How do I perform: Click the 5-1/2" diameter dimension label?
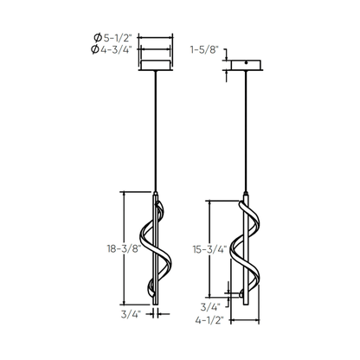click(117, 37)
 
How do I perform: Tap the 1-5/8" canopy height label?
click(203, 50)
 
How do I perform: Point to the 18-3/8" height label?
click(124, 248)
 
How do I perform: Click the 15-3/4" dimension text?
click(209, 249)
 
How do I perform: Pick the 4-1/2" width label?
click(209, 320)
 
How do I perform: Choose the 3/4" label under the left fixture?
click(131, 314)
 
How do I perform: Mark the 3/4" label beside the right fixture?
click(210, 307)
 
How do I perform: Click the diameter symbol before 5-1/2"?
click(98, 37)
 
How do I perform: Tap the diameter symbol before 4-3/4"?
click(94, 49)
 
